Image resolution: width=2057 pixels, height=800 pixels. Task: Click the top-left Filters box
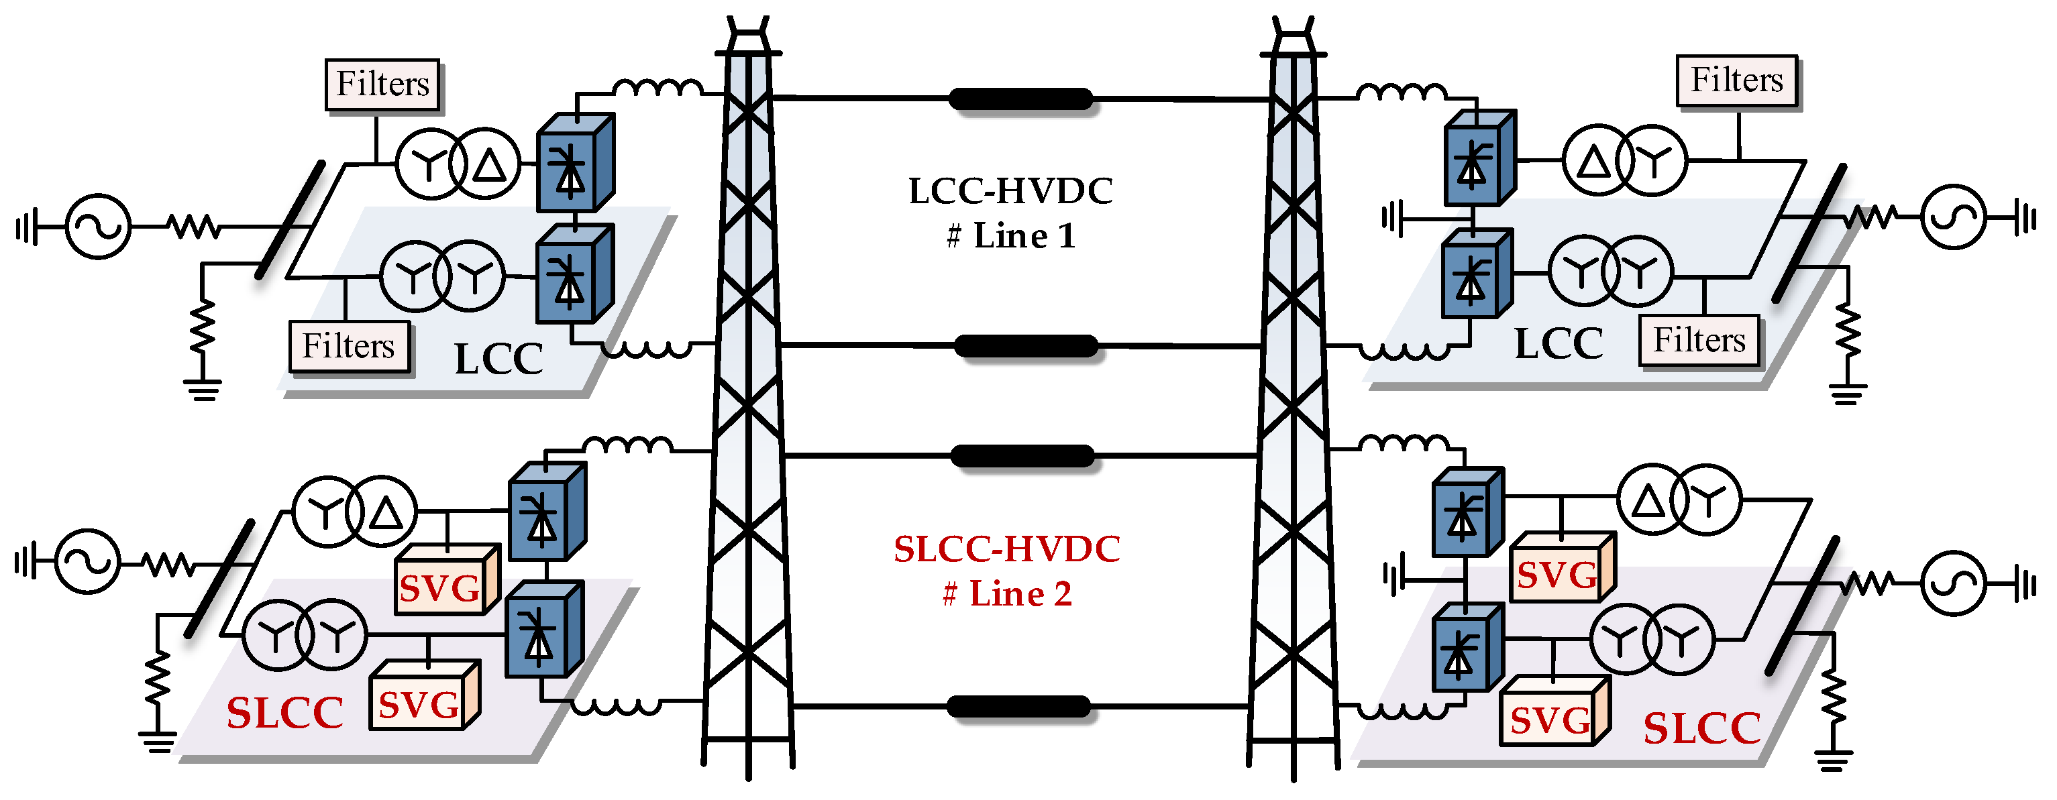coord(382,84)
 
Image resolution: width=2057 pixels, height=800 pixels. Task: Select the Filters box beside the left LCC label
coord(349,347)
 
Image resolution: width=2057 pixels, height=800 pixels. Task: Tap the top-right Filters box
coord(1737,80)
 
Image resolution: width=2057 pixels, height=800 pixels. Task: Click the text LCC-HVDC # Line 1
coord(1011,213)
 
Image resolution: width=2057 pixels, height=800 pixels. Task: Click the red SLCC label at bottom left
coord(284,713)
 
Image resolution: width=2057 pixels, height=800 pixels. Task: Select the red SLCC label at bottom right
coord(1701,728)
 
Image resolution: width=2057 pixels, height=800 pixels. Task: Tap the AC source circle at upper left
coord(97,227)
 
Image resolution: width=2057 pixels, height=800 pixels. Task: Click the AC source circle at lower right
coord(1952,583)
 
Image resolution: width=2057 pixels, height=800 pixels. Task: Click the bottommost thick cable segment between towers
coord(1018,707)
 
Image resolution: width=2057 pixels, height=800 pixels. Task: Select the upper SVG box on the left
coord(441,588)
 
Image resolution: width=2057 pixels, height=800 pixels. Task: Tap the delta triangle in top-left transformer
coord(488,165)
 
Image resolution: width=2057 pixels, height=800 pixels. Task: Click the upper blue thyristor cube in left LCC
coord(574,164)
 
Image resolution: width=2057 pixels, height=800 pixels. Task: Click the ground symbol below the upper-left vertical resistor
coord(202,389)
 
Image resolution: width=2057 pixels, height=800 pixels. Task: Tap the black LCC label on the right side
coord(1558,344)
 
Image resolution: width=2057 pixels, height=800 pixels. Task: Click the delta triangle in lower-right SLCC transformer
coord(1649,502)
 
